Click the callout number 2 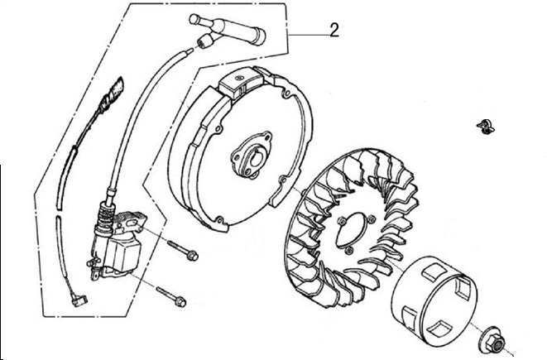coord(333,30)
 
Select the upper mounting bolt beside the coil coord(182,251)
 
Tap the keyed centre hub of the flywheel coord(252,156)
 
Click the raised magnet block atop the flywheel coord(241,82)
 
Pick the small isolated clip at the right coord(486,127)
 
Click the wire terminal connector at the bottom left coord(78,300)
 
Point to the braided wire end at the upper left coord(113,92)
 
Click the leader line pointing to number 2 coord(309,35)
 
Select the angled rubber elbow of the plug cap coord(208,41)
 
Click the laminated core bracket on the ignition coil coord(131,221)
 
